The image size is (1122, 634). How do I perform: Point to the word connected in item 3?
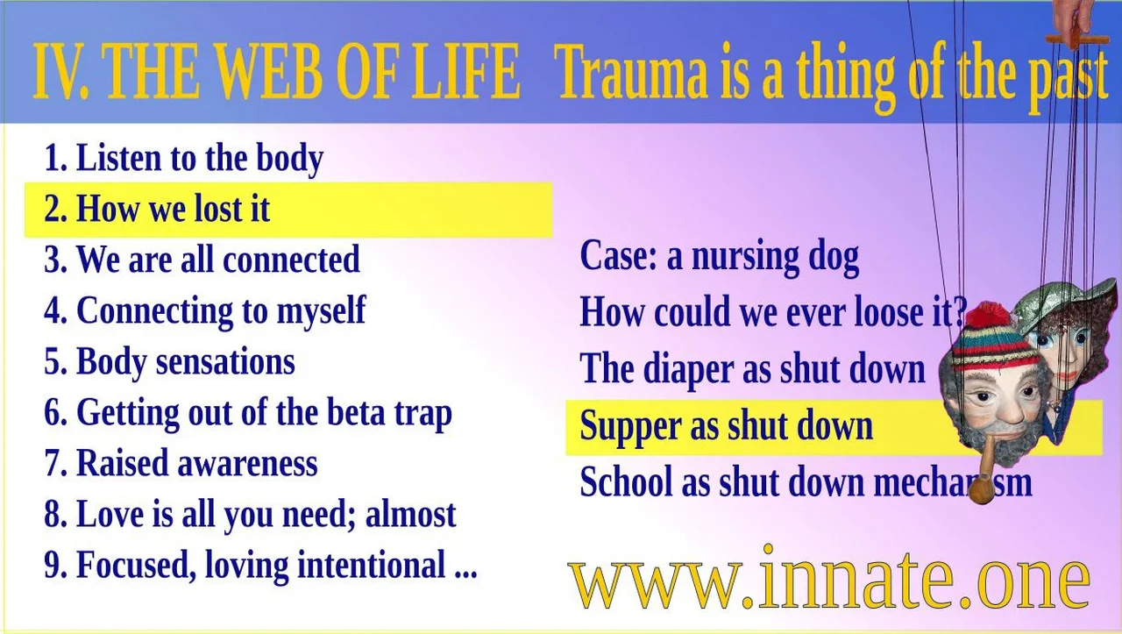pos(291,259)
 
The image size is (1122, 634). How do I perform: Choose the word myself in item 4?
pos(321,311)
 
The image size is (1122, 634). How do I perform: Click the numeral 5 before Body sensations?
pos(54,362)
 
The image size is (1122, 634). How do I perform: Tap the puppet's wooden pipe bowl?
pos(980,488)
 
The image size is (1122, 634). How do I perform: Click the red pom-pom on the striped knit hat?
pos(987,317)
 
